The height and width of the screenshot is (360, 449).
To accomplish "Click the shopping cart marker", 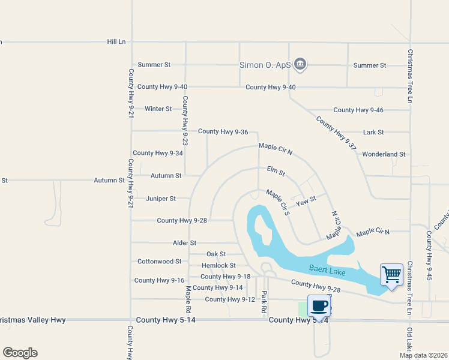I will point(391,275).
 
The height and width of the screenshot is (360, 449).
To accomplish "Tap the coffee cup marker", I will point(319,305).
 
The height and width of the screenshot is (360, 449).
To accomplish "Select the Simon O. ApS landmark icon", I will point(301,64).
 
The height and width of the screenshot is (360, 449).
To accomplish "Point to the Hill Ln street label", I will point(116,41).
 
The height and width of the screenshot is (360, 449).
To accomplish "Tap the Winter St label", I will point(158,109).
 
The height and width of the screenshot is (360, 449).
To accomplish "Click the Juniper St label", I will point(161,198).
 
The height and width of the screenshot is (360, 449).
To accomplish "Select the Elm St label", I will point(276,172).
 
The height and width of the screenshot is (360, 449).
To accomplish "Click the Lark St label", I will point(373,132).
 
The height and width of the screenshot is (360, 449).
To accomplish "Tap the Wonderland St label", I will point(384,154).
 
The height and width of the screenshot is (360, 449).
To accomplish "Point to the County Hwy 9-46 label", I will point(358,110).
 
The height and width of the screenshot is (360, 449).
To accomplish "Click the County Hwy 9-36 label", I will point(223,131).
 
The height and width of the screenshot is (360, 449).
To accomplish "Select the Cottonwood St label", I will point(159,262).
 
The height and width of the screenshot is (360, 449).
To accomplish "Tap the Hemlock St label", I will point(218,265).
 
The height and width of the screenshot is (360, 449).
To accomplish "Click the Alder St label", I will point(184,243).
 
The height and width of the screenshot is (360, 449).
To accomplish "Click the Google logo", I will point(20,353).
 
